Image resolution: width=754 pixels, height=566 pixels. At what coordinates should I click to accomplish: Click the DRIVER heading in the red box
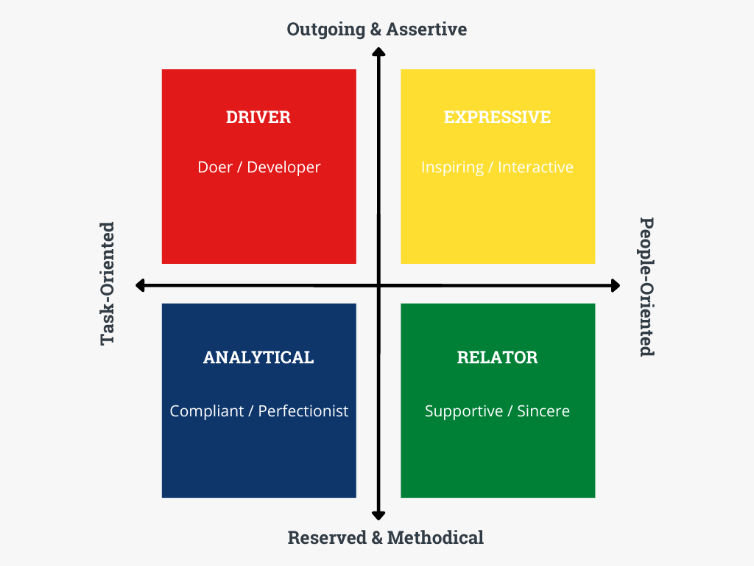[x=258, y=117]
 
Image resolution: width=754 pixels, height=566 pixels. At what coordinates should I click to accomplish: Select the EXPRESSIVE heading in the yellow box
[x=497, y=117]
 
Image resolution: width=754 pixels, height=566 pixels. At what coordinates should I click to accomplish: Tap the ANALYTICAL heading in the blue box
[x=258, y=357]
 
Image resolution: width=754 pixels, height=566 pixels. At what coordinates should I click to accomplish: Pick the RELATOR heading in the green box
[x=497, y=357]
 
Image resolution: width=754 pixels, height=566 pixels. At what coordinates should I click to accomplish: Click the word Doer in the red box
[x=214, y=167]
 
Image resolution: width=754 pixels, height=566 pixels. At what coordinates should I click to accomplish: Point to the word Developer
[x=283, y=167]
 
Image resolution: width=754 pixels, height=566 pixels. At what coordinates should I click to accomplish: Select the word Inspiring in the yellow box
[x=452, y=167]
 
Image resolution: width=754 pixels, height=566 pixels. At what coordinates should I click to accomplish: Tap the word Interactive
[x=535, y=167]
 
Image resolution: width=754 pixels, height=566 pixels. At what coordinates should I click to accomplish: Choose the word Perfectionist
[x=303, y=411]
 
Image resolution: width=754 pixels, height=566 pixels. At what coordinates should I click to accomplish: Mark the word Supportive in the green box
[x=464, y=411]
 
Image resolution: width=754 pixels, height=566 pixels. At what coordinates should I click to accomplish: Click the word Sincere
[x=543, y=411]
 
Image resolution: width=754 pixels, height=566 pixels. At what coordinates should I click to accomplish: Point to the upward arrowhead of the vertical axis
[x=378, y=52]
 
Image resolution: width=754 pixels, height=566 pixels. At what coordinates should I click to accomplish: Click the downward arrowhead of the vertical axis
[x=378, y=515]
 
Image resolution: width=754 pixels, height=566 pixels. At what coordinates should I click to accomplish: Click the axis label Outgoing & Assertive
[x=377, y=29]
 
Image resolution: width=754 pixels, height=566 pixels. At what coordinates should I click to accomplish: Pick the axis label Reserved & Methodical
[x=385, y=537]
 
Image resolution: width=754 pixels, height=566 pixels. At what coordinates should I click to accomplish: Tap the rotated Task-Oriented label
[x=108, y=284]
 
